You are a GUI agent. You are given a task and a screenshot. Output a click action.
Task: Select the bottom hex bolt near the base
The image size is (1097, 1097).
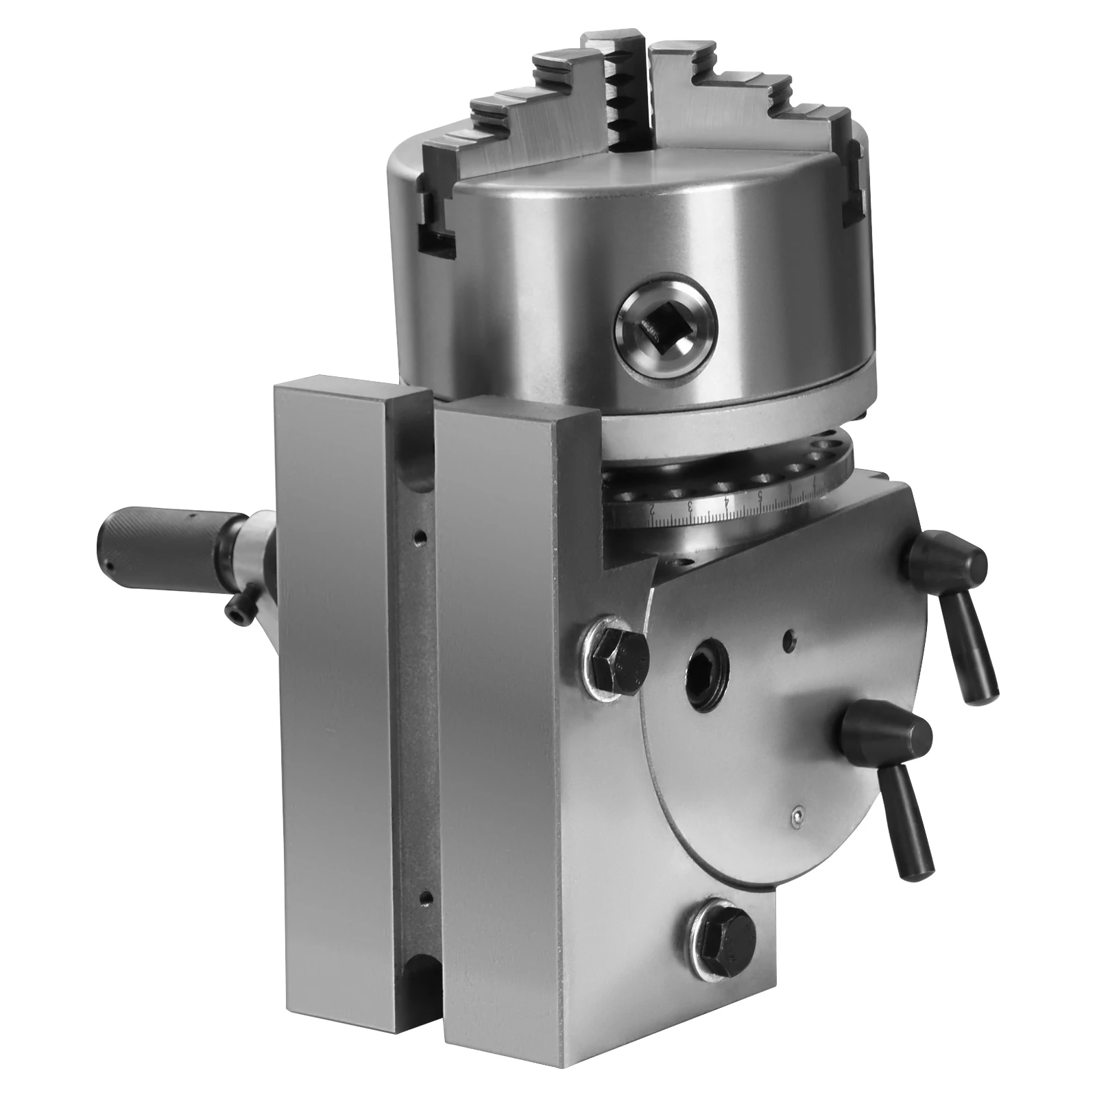(721, 931)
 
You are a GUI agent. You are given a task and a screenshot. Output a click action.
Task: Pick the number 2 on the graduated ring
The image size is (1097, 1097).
(653, 511)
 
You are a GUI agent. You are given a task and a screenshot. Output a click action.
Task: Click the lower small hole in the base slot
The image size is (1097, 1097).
(426, 896)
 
